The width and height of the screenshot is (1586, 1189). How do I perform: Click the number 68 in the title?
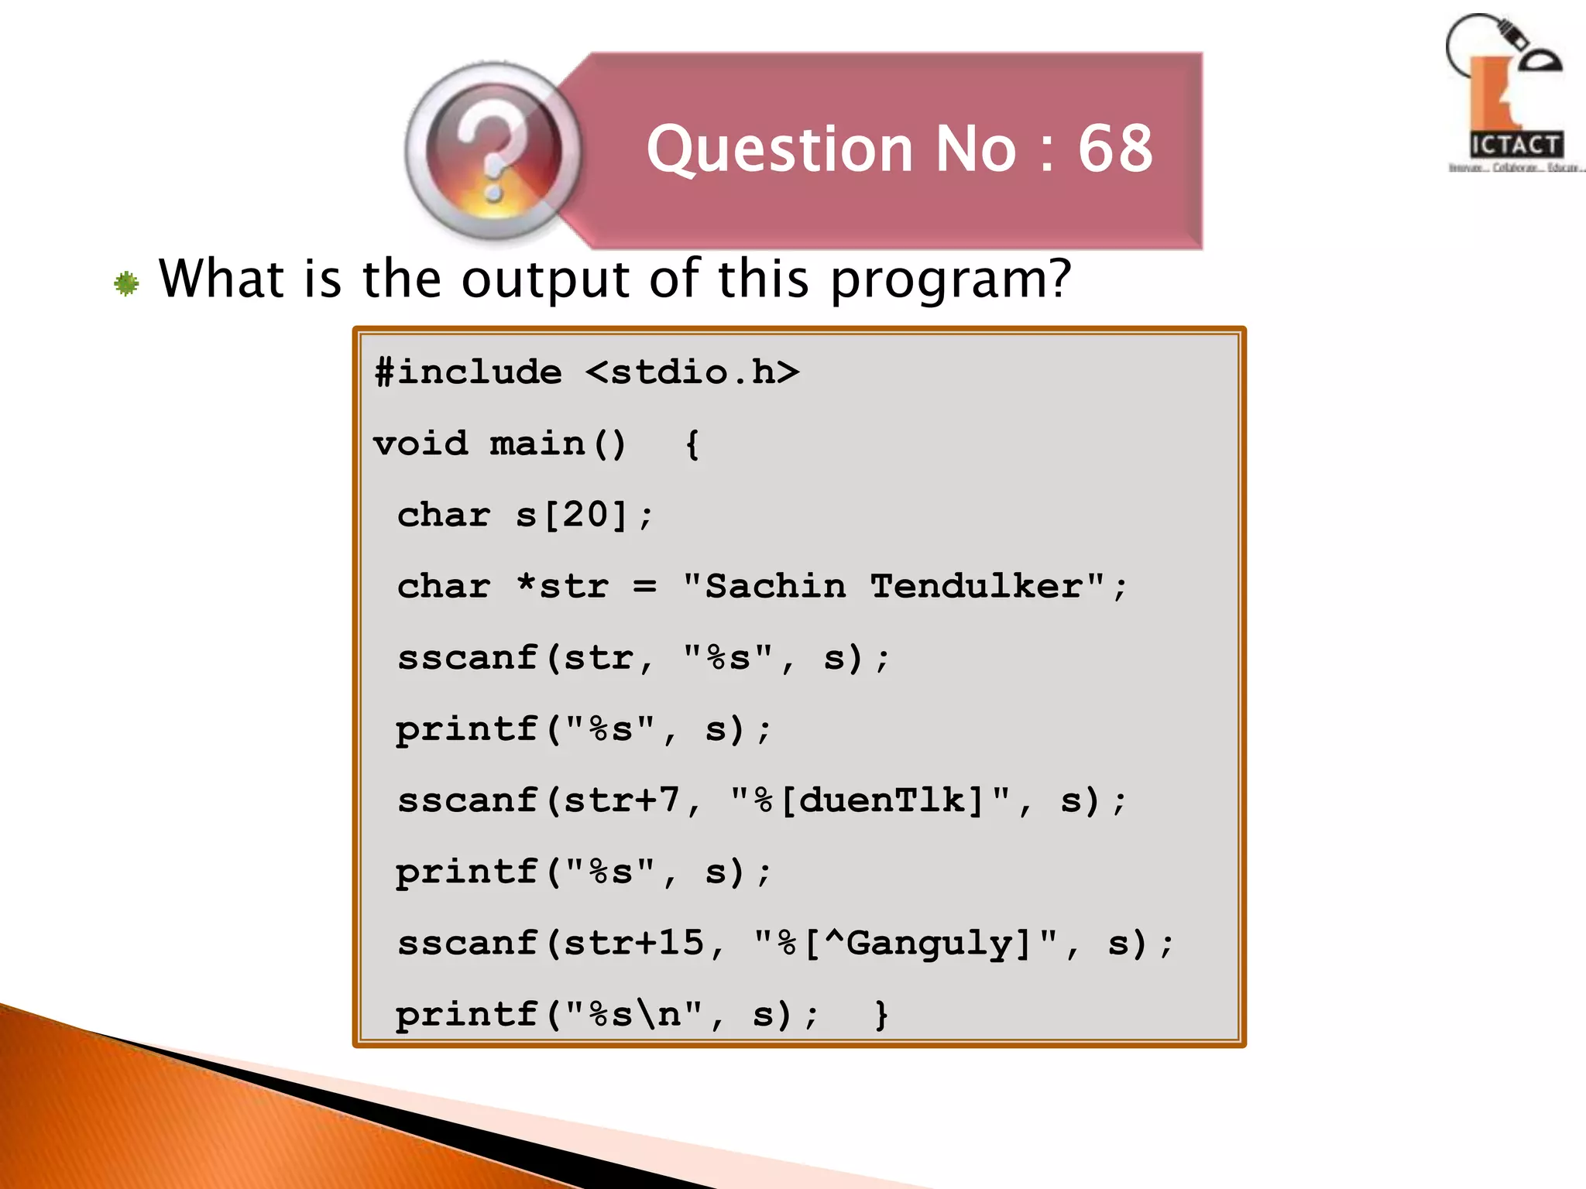coord(1115,149)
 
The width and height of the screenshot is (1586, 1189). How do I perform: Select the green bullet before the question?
coord(126,283)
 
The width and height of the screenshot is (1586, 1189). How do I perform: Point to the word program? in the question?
coord(951,280)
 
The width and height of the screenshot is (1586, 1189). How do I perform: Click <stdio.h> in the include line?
coord(692,372)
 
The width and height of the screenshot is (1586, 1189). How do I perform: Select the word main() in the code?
coord(558,444)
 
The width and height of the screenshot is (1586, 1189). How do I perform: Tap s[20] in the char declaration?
coord(572,516)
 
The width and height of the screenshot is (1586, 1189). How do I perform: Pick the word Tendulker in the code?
coord(976,586)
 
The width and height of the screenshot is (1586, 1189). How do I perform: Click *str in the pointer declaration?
coord(563,586)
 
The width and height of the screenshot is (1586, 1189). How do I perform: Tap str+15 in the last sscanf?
coord(633,944)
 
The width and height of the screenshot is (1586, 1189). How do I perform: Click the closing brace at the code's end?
coord(881,1014)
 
